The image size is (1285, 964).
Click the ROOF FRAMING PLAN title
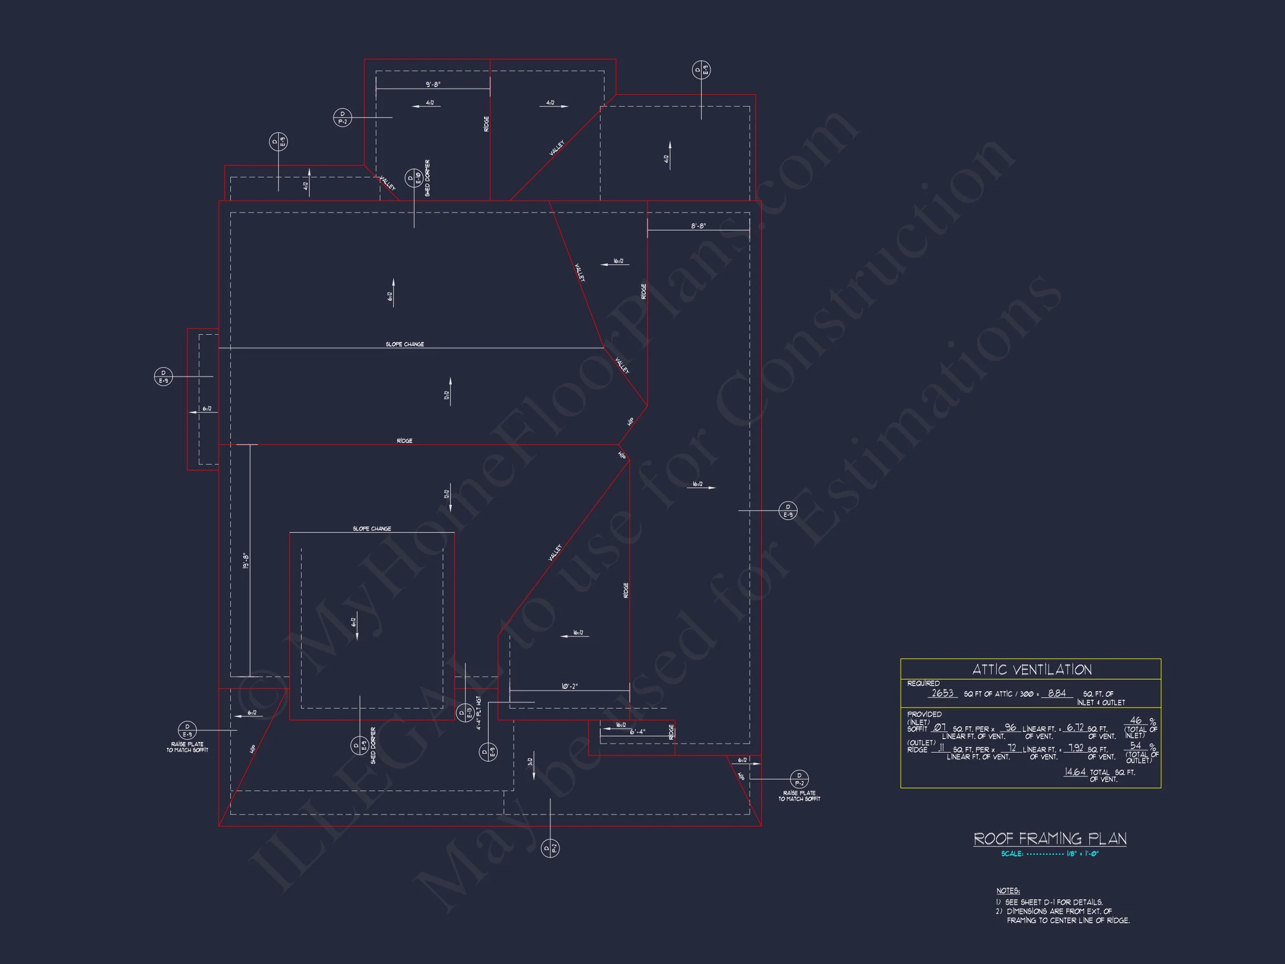(1050, 838)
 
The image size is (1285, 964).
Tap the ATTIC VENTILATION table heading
(1032, 669)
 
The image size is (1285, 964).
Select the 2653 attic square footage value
(942, 693)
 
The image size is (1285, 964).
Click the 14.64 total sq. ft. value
(1075, 772)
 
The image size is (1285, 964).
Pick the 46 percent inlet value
(1136, 721)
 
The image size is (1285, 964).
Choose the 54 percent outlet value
(1136, 745)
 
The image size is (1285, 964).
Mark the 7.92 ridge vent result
(1076, 749)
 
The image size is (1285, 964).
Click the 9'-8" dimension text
(433, 84)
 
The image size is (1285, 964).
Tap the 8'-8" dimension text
(698, 225)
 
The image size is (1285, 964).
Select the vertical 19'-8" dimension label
(246, 561)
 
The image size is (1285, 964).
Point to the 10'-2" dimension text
(569, 686)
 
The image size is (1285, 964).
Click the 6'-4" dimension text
(637, 731)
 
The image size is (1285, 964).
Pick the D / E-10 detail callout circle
(414, 178)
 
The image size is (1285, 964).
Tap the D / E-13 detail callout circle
(465, 712)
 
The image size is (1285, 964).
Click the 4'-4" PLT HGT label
(479, 713)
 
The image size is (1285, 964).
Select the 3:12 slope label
(530, 762)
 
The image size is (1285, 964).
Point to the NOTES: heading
(1008, 891)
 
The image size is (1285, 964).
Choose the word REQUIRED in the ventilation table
(923, 683)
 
